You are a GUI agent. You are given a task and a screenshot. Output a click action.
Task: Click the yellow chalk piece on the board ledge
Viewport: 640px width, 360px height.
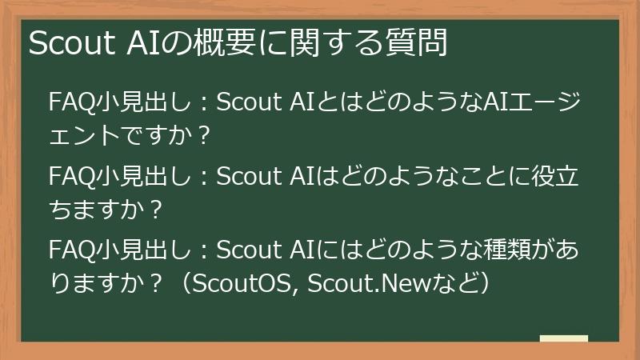(x=563, y=339)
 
